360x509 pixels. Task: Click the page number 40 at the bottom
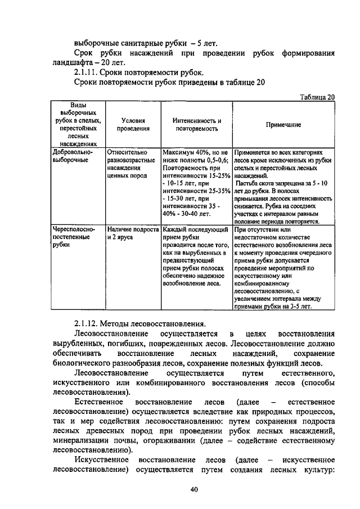pos(194,490)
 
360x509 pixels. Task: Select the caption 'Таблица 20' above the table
pos(318,97)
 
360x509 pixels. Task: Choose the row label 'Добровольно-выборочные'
pos(72,156)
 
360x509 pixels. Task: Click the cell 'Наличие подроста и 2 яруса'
pos(132,233)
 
